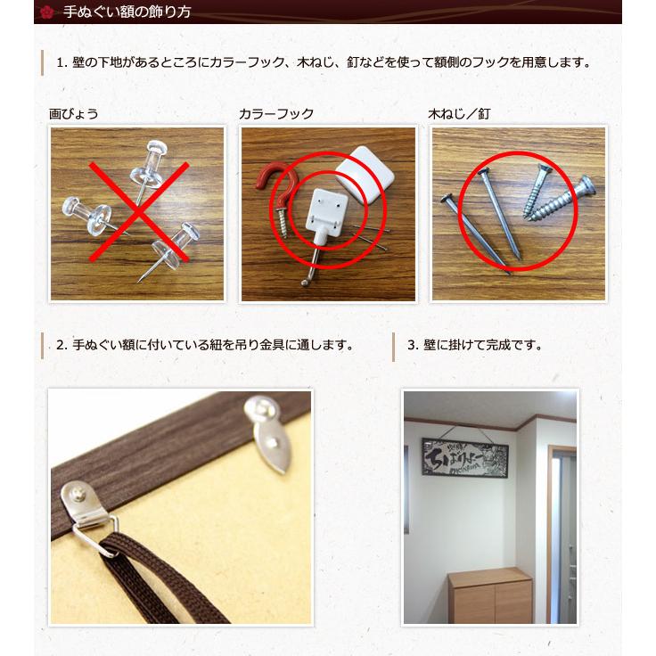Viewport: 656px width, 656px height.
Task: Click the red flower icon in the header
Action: click(x=47, y=12)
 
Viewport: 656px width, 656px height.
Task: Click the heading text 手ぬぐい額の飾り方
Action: click(x=127, y=12)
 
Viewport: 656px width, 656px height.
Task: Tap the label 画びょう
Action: click(x=73, y=114)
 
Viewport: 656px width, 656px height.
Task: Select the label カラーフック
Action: click(x=276, y=114)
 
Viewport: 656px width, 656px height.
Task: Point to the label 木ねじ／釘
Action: click(x=459, y=114)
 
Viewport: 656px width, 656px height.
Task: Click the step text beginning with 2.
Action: click(x=204, y=345)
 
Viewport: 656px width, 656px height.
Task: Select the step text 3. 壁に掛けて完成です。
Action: click(x=474, y=345)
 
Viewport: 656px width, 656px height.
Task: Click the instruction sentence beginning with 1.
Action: click(x=324, y=63)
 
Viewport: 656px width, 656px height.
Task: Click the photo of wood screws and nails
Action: click(x=518, y=213)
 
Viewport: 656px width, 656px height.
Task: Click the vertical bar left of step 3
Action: click(x=394, y=346)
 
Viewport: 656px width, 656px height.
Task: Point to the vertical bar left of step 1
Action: click(x=43, y=63)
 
